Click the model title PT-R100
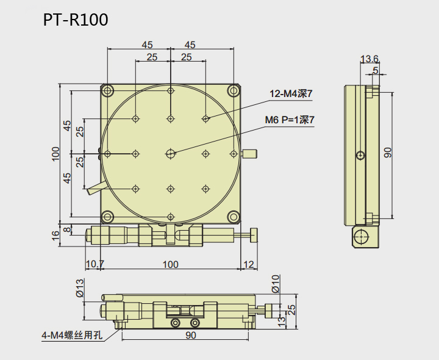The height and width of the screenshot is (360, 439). [x=76, y=20]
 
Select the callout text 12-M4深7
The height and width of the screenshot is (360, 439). [x=291, y=94]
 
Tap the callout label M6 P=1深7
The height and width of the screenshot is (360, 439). [x=290, y=120]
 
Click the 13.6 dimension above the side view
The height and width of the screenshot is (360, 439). [x=369, y=59]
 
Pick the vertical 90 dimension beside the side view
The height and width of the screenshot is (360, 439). [x=388, y=153]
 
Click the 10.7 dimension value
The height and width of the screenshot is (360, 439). [x=95, y=264]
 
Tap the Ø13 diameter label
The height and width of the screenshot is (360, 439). [x=79, y=287]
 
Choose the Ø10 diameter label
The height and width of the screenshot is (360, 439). [x=275, y=283]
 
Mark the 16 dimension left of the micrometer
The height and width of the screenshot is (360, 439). [x=56, y=234]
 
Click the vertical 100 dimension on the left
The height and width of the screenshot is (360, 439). [x=56, y=153]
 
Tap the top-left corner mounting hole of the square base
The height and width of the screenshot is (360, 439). [x=108, y=92]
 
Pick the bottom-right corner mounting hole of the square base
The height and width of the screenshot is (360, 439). [x=234, y=217]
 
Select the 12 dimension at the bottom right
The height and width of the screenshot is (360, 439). [x=248, y=264]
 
